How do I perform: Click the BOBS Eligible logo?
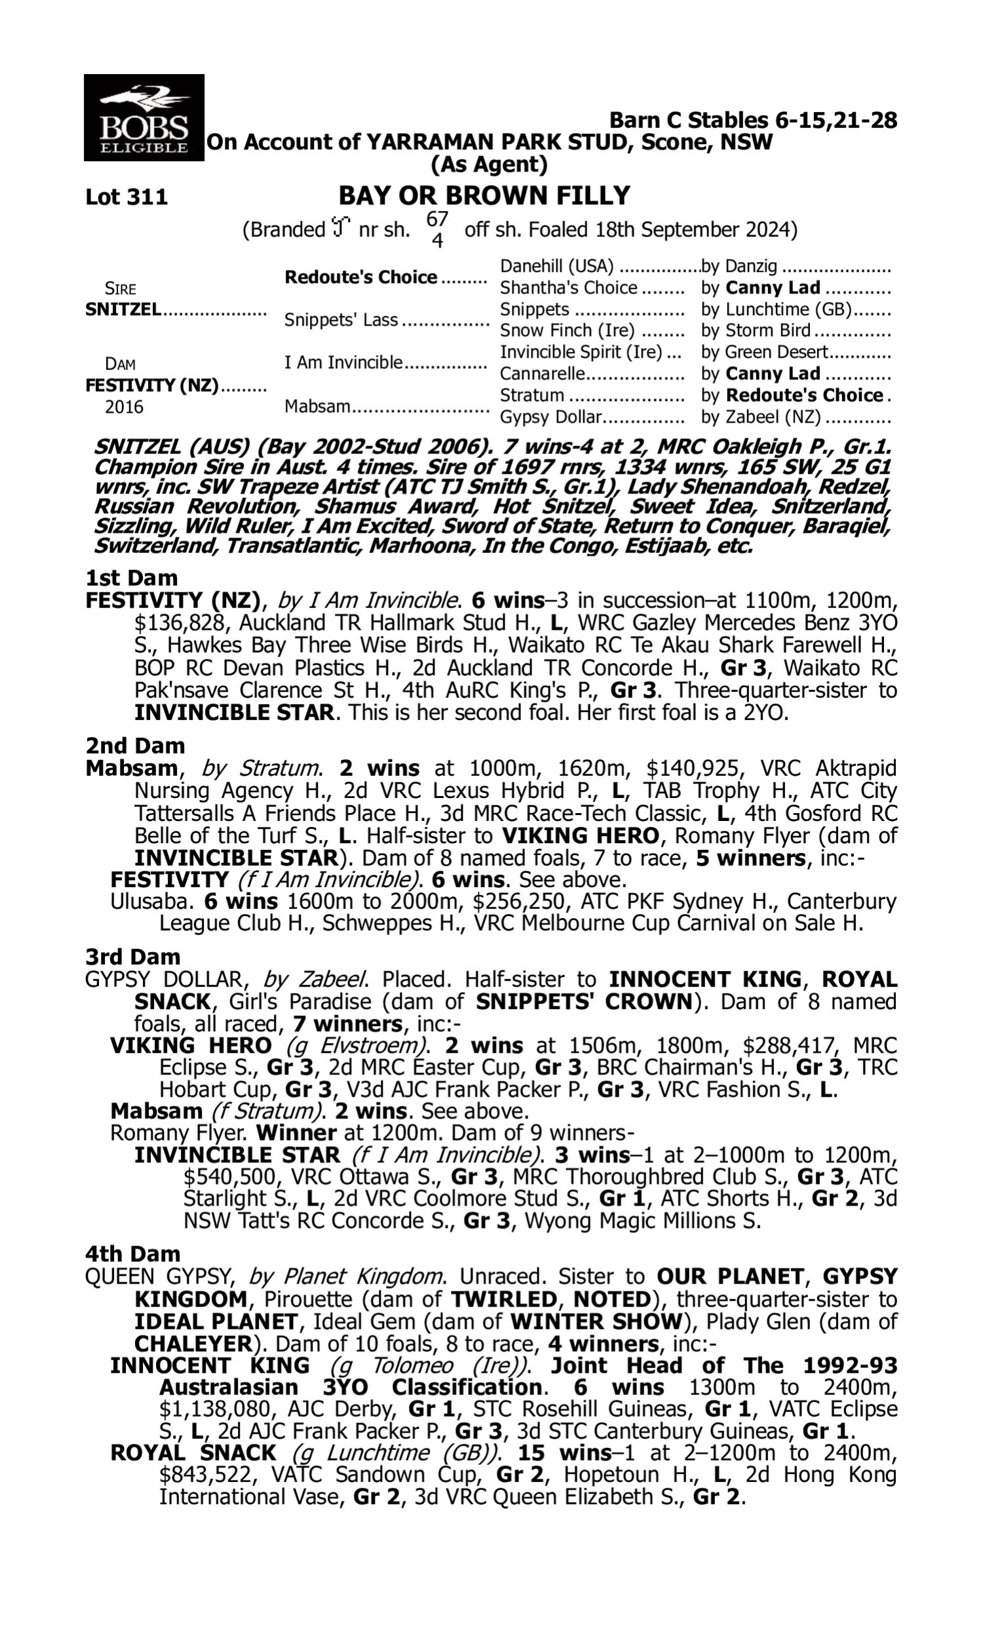coord(144,118)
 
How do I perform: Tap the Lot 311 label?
coord(126,197)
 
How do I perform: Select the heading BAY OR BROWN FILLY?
coord(484,196)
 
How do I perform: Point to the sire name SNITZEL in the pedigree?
coord(123,309)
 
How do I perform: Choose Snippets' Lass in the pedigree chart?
coord(341,320)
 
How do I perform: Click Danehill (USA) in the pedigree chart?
coord(556,266)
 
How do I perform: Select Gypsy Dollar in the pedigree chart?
coord(550,417)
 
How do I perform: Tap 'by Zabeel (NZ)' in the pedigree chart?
coord(760,417)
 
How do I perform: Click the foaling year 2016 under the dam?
coord(124,406)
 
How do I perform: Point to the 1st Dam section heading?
coord(131,578)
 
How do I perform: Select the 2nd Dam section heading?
coord(134,746)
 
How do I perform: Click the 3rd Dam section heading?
coord(132,957)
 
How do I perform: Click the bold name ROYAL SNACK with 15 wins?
coord(193,1453)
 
